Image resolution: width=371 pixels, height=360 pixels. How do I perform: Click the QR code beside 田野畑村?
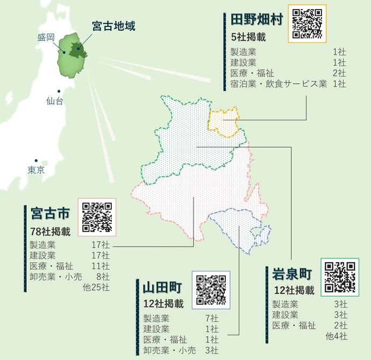pos(308,24)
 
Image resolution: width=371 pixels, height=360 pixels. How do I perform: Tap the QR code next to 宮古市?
pos(97,218)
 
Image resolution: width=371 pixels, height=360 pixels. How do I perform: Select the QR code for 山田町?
pos(211,290)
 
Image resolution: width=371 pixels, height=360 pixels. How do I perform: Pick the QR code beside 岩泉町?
pos(340,277)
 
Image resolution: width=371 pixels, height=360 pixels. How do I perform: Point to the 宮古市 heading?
pos(50,214)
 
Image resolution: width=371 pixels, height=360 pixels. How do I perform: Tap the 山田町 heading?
pos(162,286)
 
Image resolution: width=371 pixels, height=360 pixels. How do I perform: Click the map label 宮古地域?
pos(113,26)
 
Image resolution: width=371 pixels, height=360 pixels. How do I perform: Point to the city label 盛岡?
pos(46,38)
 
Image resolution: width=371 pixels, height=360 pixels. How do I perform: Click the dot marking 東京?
pos(36,160)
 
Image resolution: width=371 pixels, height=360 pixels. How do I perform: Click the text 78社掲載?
pos(51,232)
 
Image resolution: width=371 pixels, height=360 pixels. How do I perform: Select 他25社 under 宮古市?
pos(96,287)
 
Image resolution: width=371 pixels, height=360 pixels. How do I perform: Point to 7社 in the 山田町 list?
pos(211,318)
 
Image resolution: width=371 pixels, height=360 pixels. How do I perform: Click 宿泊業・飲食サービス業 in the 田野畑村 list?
pos(279,83)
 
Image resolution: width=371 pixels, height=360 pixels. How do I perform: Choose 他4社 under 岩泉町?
pos(337,336)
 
